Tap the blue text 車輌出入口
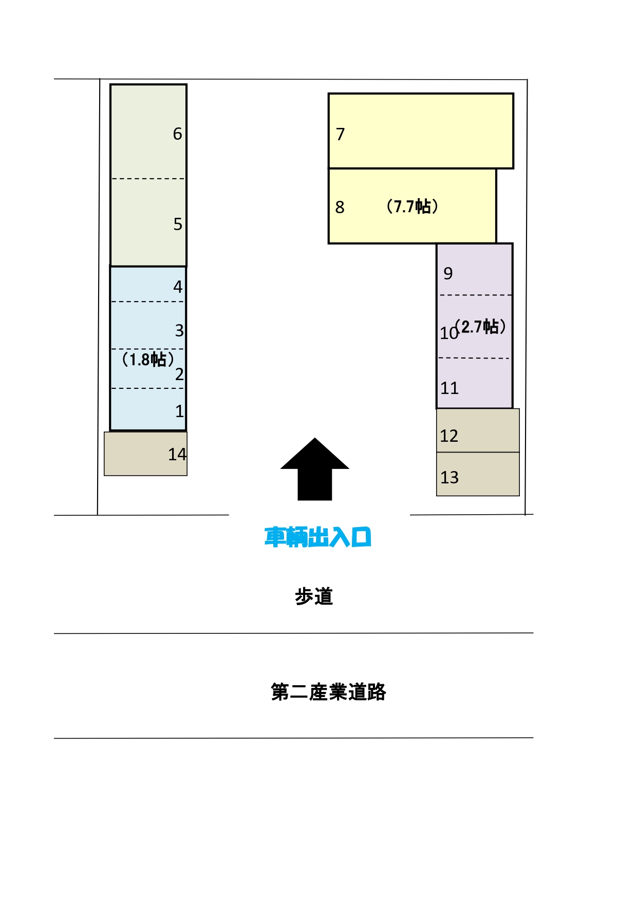tap(317, 537)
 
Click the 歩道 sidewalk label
tap(314, 597)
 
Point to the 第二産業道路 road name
tap(328, 692)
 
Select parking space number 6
tap(177, 134)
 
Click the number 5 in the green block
tap(178, 224)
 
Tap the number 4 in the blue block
tap(178, 287)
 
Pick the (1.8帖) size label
tap(147, 359)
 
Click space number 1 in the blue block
tap(179, 411)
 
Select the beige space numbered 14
tap(146, 454)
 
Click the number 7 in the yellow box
tap(340, 135)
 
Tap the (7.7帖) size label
tap(412, 207)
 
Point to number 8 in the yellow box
tap(340, 208)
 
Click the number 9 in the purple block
tap(448, 274)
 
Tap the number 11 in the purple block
tap(449, 388)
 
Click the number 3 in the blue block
tap(179, 331)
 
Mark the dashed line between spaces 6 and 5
tap(148, 179)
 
